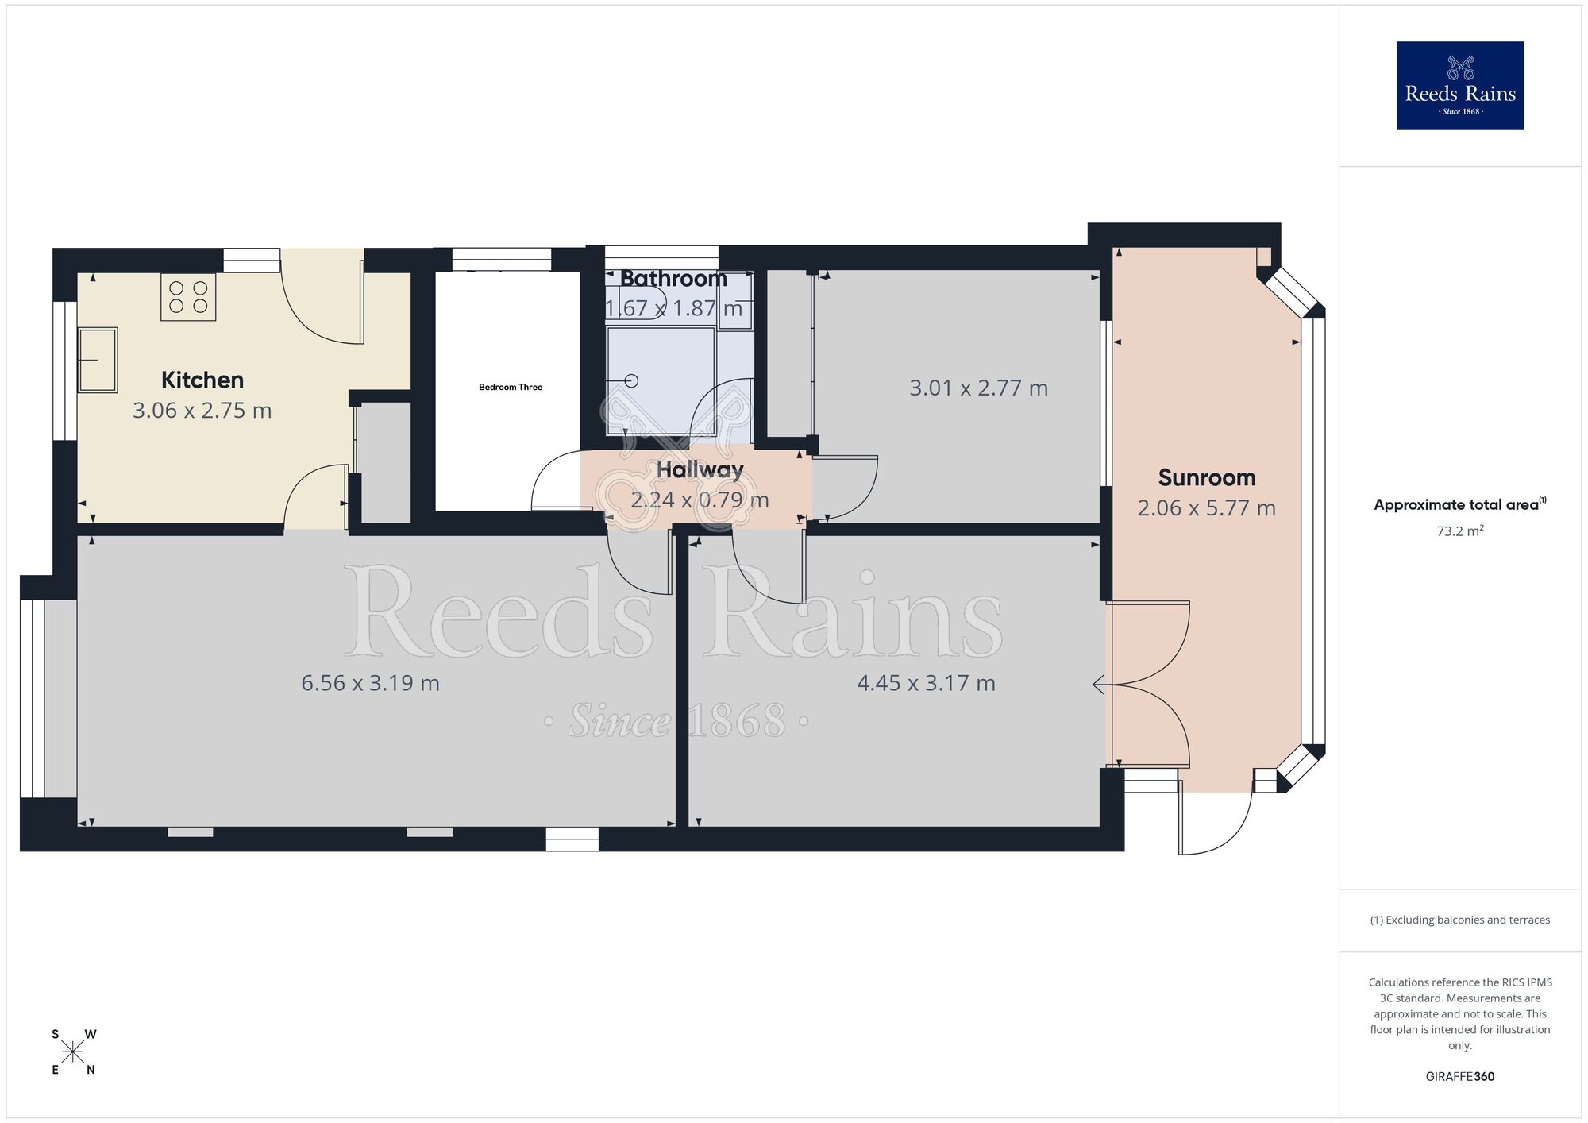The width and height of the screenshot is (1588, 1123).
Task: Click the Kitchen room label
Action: pos(202,380)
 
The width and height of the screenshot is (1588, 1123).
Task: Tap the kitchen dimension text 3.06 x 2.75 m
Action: pos(202,411)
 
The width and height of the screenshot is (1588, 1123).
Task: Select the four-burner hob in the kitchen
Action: pos(188,297)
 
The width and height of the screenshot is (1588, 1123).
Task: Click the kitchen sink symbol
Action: pos(98,360)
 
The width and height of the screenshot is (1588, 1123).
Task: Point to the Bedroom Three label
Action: pos(510,388)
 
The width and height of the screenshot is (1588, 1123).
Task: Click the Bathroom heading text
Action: pos(673,279)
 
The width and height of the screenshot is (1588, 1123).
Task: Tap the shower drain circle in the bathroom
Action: pos(632,380)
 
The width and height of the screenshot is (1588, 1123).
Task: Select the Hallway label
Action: pos(700,469)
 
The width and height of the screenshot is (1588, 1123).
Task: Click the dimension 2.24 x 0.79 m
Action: pos(700,500)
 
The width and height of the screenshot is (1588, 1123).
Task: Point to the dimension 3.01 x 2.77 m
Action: pos(978,388)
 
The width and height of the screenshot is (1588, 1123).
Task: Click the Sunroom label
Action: pos(1206,477)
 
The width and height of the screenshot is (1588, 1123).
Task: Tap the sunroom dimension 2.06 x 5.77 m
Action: pos(1206,508)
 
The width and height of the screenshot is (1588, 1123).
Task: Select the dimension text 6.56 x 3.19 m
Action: pos(370,683)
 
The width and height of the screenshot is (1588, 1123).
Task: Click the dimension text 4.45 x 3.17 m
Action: pos(926,683)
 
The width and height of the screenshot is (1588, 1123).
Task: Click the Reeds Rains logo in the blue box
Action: pos(1459,86)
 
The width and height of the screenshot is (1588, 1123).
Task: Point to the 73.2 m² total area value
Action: pos(1459,531)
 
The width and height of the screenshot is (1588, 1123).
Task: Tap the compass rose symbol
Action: pos(73,1052)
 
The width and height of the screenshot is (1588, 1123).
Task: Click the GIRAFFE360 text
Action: pos(1459,1077)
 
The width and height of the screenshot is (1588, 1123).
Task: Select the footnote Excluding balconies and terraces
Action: pos(1459,920)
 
